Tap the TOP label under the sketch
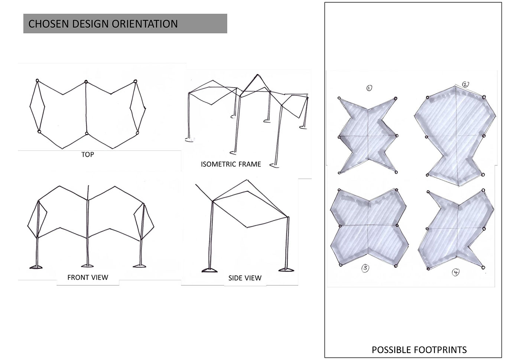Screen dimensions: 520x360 click(88, 155)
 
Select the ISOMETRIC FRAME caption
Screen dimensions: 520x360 click(231, 164)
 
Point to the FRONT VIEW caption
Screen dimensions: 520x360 click(88, 278)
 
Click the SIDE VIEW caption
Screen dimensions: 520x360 click(245, 278)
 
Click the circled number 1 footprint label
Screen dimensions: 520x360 click(369, 88)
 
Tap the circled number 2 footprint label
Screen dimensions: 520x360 click(465, 84)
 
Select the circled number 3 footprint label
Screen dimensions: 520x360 click(365, 268)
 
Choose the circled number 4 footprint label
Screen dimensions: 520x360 click(455, 273)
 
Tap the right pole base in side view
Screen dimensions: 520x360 click(286, 269)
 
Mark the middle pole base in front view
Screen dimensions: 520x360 click(87, 265)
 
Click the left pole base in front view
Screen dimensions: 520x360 click(36, 266)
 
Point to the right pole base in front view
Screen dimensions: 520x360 click(140, 265)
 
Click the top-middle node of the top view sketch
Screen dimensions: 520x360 click(86, 82)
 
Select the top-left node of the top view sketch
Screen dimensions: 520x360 click(37, 81)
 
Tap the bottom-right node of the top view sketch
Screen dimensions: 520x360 click(137, 133)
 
